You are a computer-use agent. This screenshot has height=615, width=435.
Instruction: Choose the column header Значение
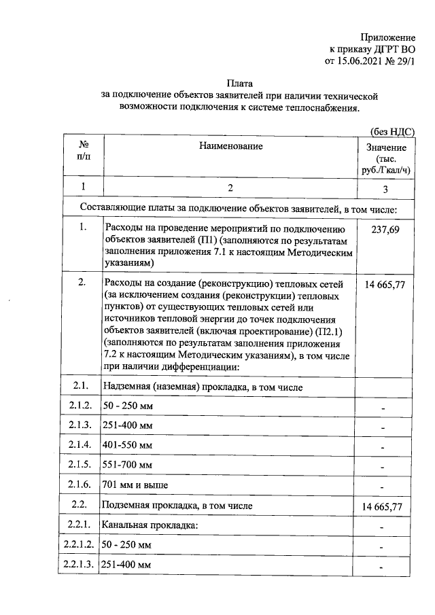pyautogui.click(x=386, y=148)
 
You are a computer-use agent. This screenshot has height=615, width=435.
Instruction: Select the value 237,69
pyautogui.click(x=385, y=230)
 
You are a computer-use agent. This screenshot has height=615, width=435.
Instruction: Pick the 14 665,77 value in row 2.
pyautogui.click(x=385, y=284)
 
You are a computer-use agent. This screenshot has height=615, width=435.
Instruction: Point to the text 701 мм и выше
pyautogui.click(x=135, y=485)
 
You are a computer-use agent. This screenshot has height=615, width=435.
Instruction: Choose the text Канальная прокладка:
pyautogui.click(x=150, y=525)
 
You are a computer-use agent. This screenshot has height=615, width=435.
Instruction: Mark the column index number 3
pyautogui.click(x=385, y=188)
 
